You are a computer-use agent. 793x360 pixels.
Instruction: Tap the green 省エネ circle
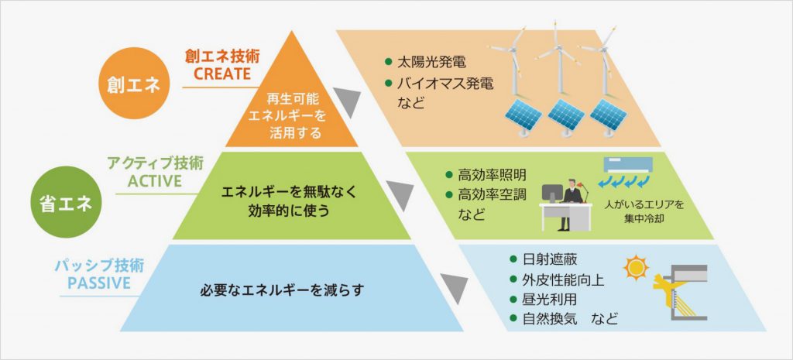65,206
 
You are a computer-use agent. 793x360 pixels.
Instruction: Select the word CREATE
222,74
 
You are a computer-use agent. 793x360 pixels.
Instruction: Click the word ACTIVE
154,180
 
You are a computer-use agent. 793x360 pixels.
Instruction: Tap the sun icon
637,268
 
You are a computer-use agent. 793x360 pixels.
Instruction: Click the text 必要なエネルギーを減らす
282,291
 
